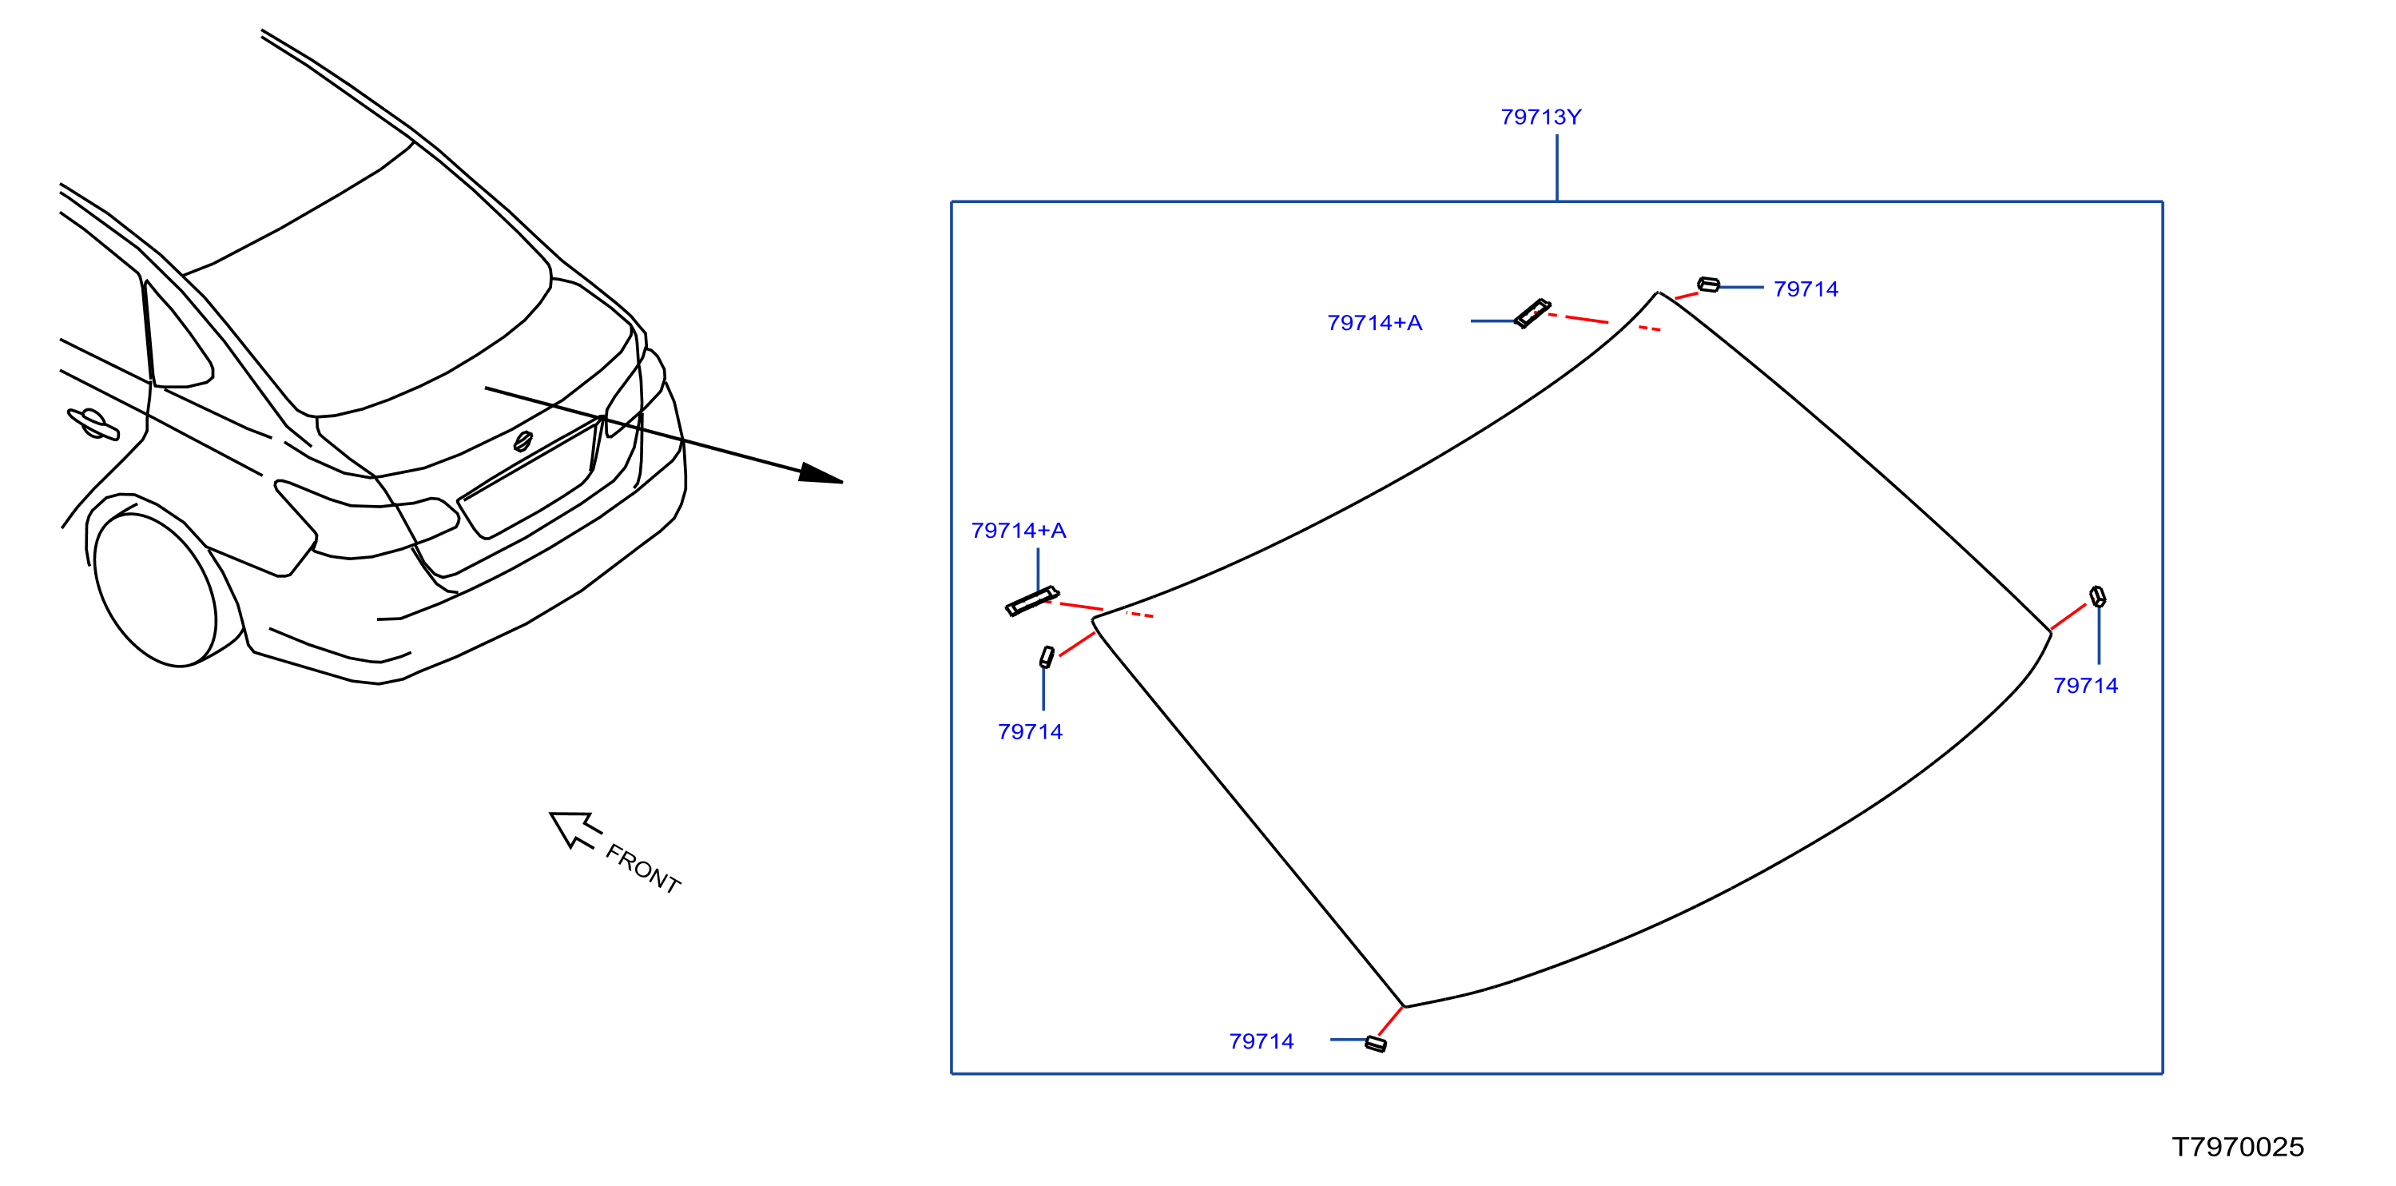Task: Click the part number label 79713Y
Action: (1540, 117)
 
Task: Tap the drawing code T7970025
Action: (2238, 1147)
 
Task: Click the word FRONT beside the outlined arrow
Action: (642, 869)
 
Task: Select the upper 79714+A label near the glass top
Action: (1375, 323)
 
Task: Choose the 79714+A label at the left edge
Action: (1019, 530)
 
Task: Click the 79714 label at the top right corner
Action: (1806, 289)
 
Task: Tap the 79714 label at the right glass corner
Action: (2085, 686)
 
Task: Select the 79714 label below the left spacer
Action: (1030, 732)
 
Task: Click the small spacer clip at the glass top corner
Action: (1709, 285)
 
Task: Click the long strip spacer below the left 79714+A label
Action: (1032, 601)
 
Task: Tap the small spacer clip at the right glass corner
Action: (2097, 596)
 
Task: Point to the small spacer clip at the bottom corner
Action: (1376, 1044)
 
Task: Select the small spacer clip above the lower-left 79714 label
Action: (1047, 657)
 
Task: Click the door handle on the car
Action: (93, 424)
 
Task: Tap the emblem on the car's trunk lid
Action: (523, 441)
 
